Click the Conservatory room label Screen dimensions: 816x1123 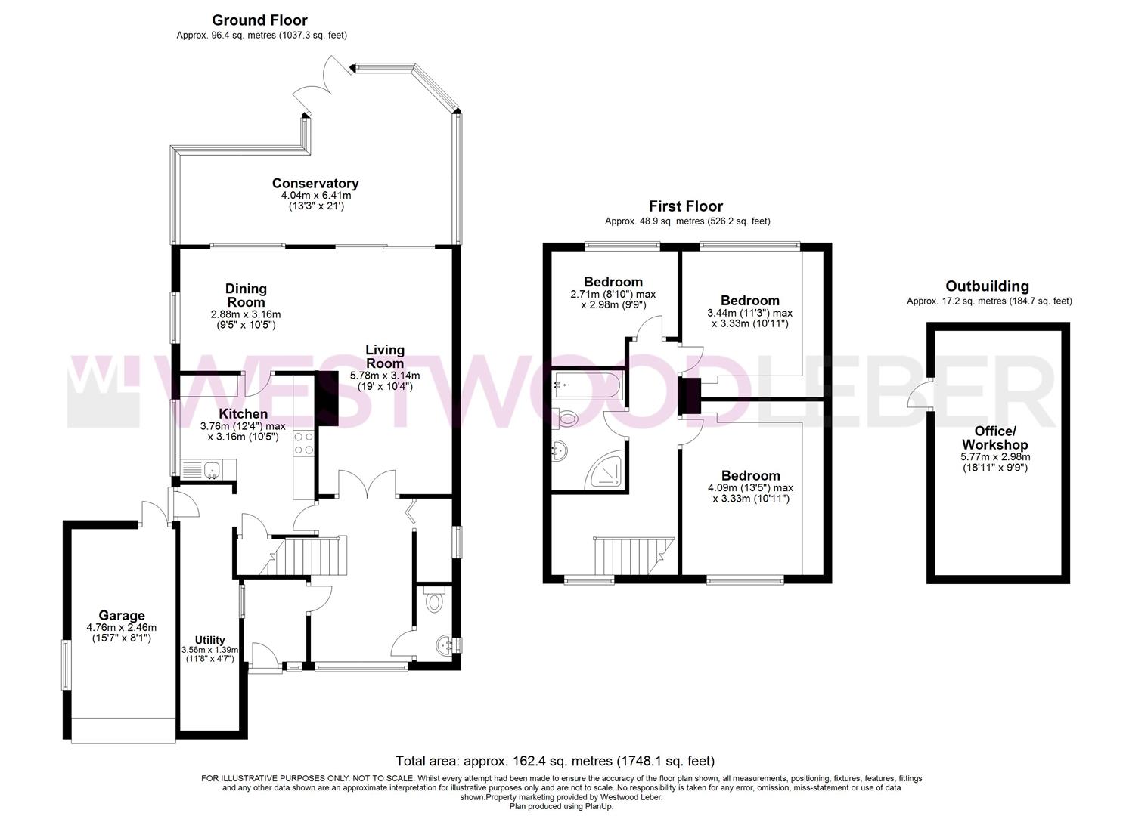315,183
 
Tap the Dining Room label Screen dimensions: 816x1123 246,295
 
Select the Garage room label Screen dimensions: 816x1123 121,615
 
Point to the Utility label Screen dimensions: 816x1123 209,639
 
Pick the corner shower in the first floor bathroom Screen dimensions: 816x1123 606,471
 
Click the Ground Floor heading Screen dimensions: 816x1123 259,20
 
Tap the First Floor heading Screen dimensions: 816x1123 685,206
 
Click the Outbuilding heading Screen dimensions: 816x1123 987,286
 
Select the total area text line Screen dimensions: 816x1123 554,761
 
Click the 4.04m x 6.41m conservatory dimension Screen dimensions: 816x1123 315,196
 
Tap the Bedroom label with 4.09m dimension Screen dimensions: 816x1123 750,475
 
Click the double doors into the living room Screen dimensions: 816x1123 367,484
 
